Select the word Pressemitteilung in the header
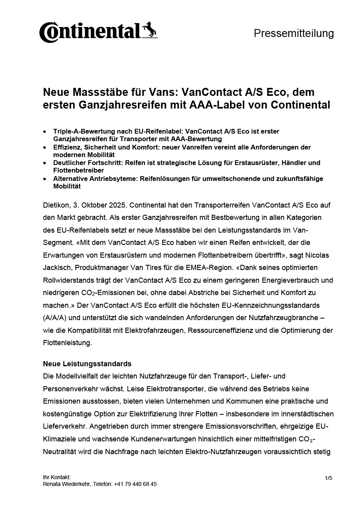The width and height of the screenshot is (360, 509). pyautogui.click(x=294, y=33)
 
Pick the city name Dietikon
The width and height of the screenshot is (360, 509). pyautogui.click(x=56, y=205)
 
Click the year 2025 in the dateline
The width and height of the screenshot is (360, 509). pyautogui.click(x=118, y=205)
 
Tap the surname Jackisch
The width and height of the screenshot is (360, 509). pyautogui.click(x=56, y=268)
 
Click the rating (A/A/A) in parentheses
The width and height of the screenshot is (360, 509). pyautogui.click(x=56, y=318)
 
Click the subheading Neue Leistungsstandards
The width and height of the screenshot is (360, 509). pyautogui.click(x=87, y=364)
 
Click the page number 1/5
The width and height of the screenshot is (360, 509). pyautogui.click(x=328, y=478)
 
